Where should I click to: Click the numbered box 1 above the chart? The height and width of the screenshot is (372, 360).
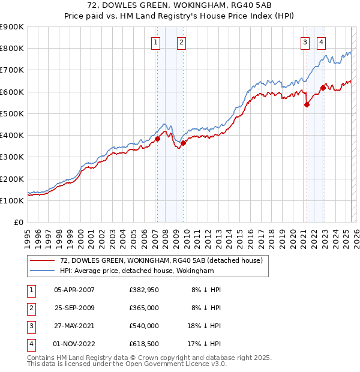coord(155,42)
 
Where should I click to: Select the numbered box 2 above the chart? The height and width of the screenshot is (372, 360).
coord(181,42)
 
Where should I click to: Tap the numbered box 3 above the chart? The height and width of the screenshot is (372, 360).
coord(305,42)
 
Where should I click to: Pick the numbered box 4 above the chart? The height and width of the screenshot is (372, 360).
coord(322,42)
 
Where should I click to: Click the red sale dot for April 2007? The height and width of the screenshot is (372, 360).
coord(157,139)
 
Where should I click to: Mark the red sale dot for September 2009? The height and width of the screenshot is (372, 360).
coord(183,143)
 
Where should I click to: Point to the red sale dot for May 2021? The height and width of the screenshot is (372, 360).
coord(307,104)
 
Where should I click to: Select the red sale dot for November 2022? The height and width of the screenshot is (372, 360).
coord(322,88)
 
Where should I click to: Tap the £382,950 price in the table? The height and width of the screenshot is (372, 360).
coord(143,290)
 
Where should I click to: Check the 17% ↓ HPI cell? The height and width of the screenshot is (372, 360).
coord(206,344)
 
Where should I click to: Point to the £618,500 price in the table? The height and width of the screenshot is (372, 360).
coord(143,344)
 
